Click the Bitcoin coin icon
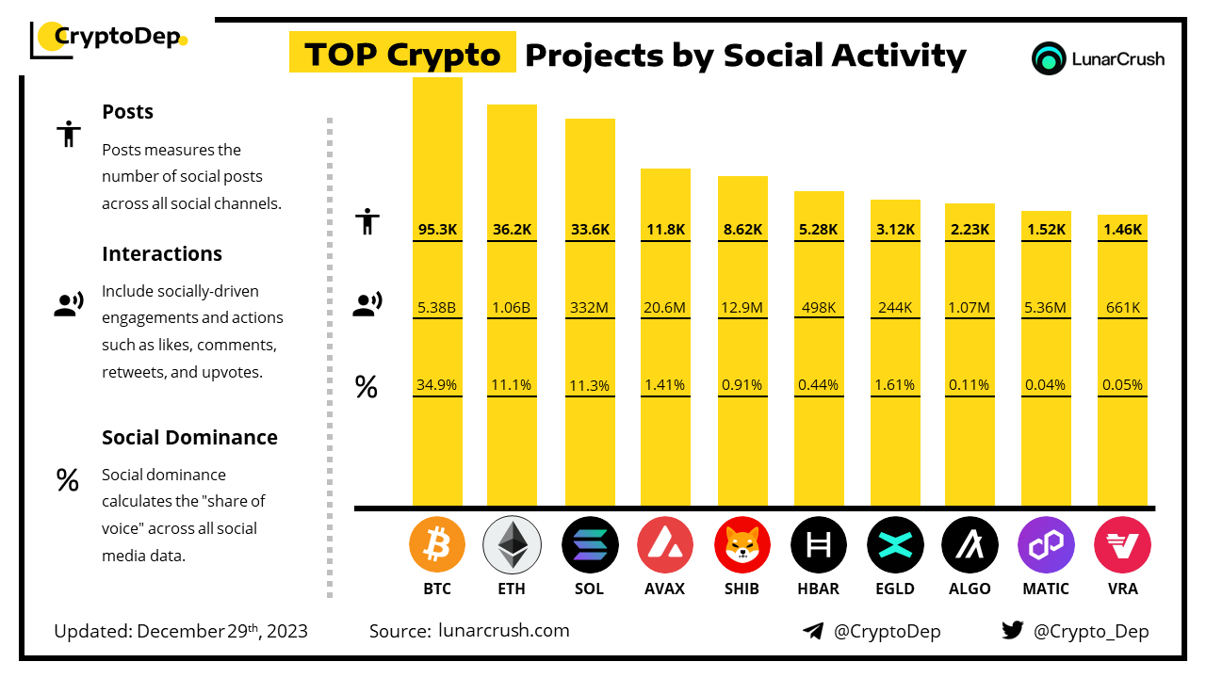(437, 544)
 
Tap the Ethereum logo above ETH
(512, 544)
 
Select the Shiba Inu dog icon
(742, 544)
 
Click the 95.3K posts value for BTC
(437, 229)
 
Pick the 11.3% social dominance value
(590, 384)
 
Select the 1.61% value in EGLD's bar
(894, 384)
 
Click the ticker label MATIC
(1046, 589)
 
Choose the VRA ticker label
(1122, 589)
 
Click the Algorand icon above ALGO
(970, 544)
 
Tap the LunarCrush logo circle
(1049, 58)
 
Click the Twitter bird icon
(1013, 630)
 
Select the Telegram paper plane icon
(813, 631)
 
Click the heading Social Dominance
(189, 437)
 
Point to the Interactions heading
(162, 253)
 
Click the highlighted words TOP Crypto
(402, 55)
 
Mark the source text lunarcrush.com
(504, 630)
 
